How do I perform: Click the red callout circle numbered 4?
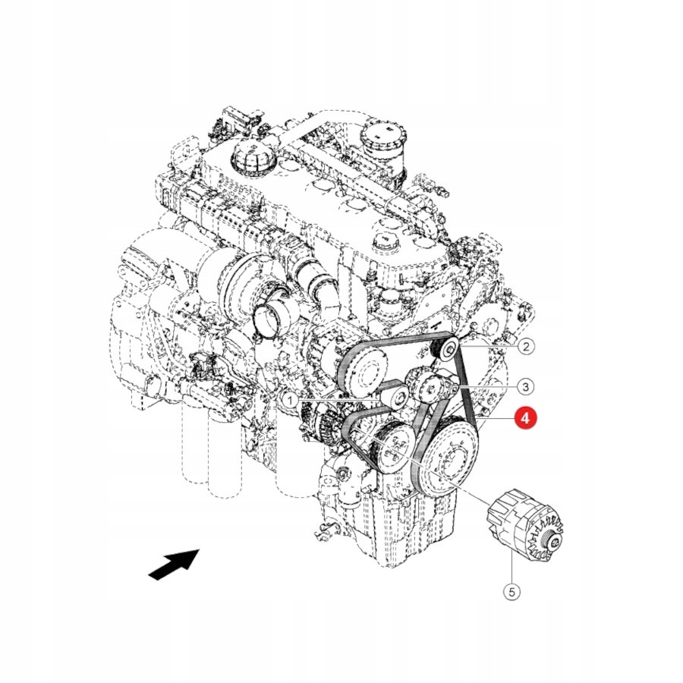click(x=525, y=418)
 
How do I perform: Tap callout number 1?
click(x=290, y=399)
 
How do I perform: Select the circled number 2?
click(x=526, y=347)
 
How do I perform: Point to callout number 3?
click(x=525, y=386)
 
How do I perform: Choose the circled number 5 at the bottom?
click(x=511, y=592)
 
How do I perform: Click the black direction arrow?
click(x=174, y=565)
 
